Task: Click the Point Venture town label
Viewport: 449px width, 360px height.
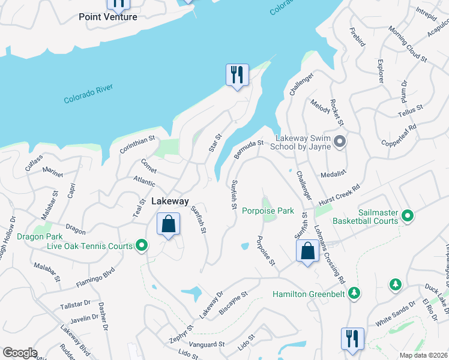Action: (x=108, y=17)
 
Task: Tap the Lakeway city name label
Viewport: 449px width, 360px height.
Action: (x=170, y=202)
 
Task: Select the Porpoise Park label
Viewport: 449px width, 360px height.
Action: (x=268, y=211)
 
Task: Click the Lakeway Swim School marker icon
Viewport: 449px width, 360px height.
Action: (x=340, y=142)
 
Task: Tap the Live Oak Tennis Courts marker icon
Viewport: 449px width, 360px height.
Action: (x=142, y=245)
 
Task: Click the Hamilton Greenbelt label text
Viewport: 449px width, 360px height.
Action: (x=310, y=294)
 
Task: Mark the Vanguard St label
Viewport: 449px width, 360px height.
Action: (x=206, y=344)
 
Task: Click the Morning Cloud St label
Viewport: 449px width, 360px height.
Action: (x=407, y=45)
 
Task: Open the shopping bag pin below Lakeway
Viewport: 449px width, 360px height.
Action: (x=169, y=225)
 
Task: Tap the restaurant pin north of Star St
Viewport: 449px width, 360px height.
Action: (x=237, y=75)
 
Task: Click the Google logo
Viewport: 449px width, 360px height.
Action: (x=20, y=353)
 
